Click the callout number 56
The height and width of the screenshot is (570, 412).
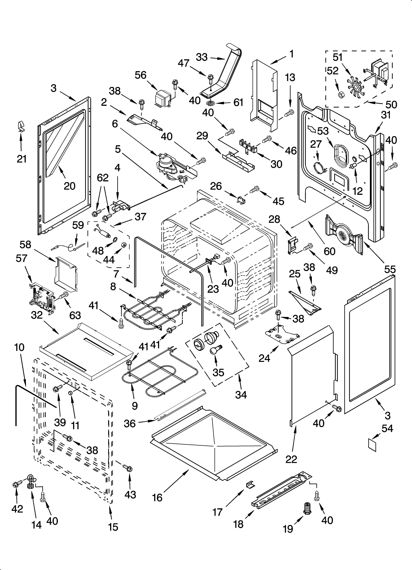[x=141, y=75]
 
